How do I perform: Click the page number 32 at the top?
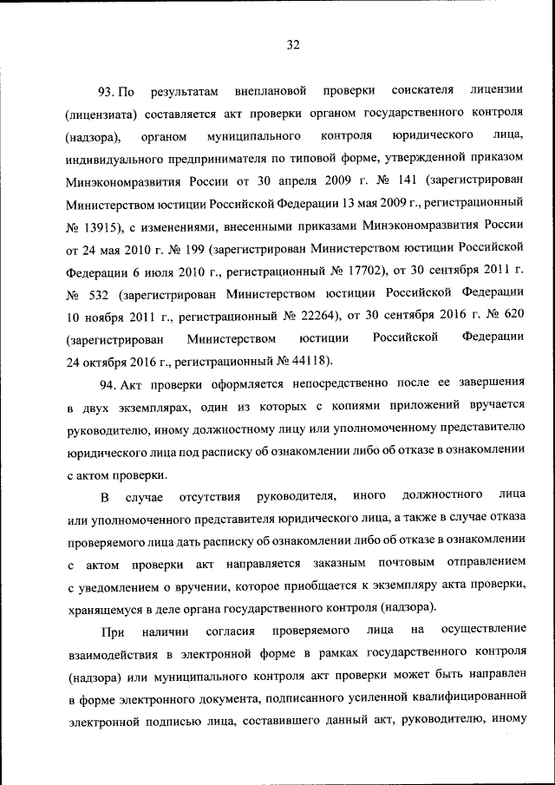point(293,46)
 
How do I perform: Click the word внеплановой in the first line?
point(271,91)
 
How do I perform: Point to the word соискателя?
point(421,91)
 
